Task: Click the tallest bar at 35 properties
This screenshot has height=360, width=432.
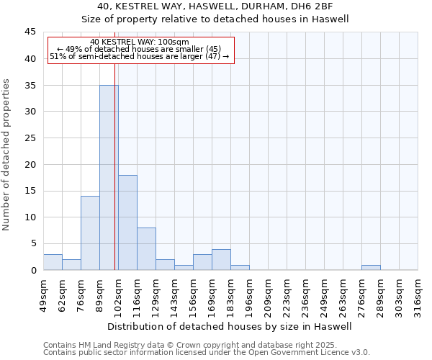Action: [109, 177]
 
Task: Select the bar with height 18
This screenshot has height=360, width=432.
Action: [127, 222]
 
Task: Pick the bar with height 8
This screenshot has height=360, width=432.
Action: [146, 248]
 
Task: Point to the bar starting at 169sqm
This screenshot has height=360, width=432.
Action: [221, 260]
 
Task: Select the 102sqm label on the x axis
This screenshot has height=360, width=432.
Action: [118, 291]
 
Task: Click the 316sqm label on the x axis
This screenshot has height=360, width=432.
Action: [418, 291]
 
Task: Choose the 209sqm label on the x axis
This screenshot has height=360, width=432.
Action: [268, 291]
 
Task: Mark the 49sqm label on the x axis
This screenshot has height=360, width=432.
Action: [43, 291]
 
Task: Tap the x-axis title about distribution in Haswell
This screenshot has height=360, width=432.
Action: [230, 326]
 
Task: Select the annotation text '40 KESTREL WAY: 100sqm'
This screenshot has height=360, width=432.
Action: [140, 42]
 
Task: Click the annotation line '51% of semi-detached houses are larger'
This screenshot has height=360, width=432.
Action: [140, 56]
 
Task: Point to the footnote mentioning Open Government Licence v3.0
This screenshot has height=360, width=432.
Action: [207, 353]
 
